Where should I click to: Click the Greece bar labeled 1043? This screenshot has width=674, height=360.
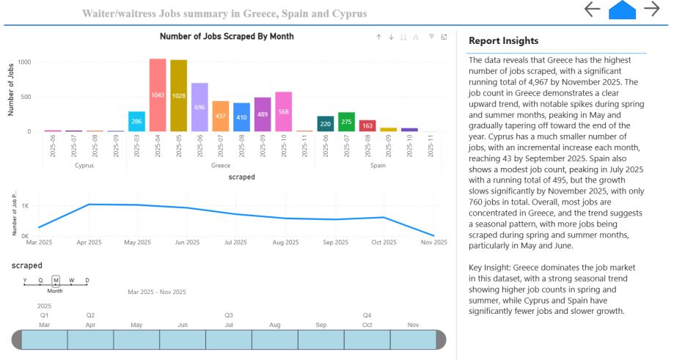158,95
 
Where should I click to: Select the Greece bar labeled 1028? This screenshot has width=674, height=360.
179,95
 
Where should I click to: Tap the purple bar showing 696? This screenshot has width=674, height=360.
199,107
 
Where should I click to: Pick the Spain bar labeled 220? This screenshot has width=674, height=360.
326,124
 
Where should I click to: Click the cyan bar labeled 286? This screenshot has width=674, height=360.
136,122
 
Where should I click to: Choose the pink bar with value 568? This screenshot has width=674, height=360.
284,112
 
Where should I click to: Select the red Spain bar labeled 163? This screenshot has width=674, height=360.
367,126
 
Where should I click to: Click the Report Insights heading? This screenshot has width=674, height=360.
503,41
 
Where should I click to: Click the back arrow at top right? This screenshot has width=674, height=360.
592,10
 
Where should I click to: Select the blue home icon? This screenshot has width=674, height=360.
622,10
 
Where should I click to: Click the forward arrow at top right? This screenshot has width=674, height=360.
651,10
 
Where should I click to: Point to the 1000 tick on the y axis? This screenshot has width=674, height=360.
24,62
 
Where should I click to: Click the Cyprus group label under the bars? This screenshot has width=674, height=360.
84,166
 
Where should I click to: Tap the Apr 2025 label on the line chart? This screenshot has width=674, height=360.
90,242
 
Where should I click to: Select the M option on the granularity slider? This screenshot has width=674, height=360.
56,280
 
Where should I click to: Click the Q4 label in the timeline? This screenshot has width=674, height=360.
367,315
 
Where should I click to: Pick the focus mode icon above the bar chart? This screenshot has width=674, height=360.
444,37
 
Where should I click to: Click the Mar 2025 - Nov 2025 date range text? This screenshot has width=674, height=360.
157,292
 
